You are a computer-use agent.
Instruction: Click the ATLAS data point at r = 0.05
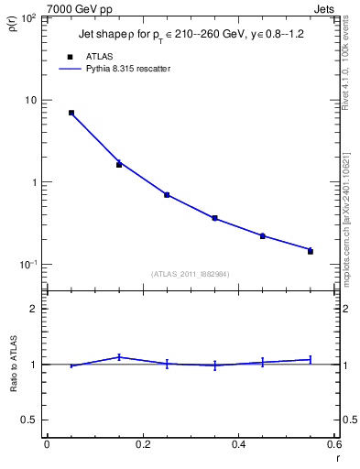[x=71, y=113]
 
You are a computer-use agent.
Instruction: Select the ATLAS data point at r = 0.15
[x=119, y=165]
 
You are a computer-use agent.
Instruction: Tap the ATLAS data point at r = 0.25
[x=167, y=195]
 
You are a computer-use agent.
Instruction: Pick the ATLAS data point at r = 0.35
[x=214, y=218]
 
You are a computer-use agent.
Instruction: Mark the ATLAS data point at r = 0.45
[x=262, y=236]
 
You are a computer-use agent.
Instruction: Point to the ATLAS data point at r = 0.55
[x=310, y=251]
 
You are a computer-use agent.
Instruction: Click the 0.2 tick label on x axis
[x=142, y=444]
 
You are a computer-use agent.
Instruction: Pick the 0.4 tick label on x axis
[x=238, y=444]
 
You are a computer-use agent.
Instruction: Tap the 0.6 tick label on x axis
[x=333, y=444]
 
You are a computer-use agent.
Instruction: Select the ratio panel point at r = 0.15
[x=119, y=357]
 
